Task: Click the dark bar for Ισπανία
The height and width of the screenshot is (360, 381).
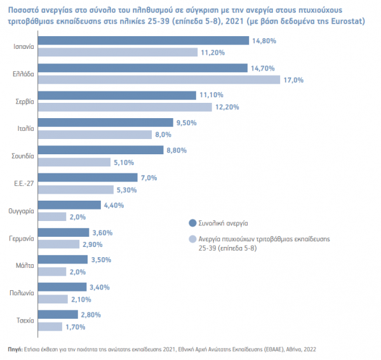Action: click(x=144, y=41)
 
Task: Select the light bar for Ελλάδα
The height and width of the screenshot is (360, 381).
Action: click(x=159, y=79)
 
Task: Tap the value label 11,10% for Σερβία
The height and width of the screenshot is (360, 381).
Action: click(x=211, y=95)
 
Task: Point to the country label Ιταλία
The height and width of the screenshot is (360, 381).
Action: click(x=25, y=128)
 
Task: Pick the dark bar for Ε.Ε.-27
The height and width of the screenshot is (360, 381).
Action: click(x=88, y=177)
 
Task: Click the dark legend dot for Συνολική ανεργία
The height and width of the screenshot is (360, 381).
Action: click(x=192, y=223)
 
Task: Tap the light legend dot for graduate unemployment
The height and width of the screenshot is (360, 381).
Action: click(x=192, y=239)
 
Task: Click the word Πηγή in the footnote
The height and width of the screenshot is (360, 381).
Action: click(x=15, y=349)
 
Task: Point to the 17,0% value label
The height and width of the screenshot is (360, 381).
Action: click(x=293, y=80)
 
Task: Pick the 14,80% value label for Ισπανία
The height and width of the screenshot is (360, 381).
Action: click(x=264, y=41)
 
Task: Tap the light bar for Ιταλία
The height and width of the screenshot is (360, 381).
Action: click(x=95, y=135)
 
